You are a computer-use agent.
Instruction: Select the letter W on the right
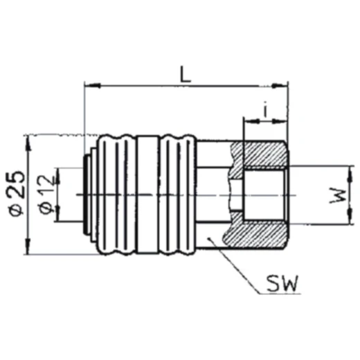[336, 196]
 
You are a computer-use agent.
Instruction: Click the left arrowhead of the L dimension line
[87, 87]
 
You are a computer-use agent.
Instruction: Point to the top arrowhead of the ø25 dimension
[28, 138]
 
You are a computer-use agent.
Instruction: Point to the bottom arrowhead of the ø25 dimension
[28, 253]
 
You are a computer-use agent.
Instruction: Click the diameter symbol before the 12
[46, 208]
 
